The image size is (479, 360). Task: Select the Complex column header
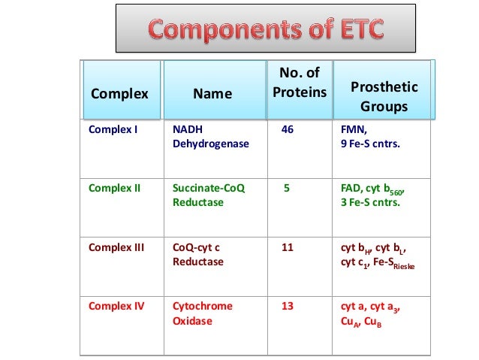119,94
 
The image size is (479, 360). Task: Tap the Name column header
212,94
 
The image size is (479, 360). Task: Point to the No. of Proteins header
299,83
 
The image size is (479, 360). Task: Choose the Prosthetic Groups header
384,97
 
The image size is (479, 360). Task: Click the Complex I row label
113,129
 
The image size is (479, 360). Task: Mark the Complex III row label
116,247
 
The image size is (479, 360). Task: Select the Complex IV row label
116,306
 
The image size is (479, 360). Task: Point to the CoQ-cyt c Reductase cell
198,253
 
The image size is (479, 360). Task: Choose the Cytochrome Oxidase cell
203,313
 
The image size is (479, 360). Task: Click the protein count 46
287,129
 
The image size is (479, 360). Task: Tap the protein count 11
287,247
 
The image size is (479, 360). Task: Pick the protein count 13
287,306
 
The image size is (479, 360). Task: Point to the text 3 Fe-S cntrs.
370,202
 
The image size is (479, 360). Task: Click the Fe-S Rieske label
394,262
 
